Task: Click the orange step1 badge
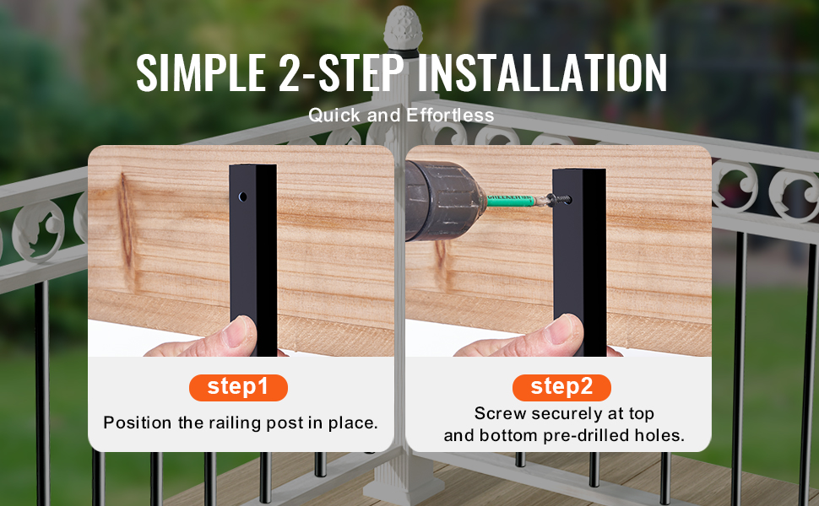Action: tap(238, 388)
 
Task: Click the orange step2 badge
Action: tap(561, 388)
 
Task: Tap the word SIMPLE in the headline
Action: tap(201, 73)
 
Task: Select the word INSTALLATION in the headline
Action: tap(542, 73)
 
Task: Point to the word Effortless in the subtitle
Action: tap(450, 116)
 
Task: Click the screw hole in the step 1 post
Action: tap(243, 196)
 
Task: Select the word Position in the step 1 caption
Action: tap(138, 423)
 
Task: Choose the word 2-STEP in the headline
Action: tap(342, 73)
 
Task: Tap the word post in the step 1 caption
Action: tap(285, 423)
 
